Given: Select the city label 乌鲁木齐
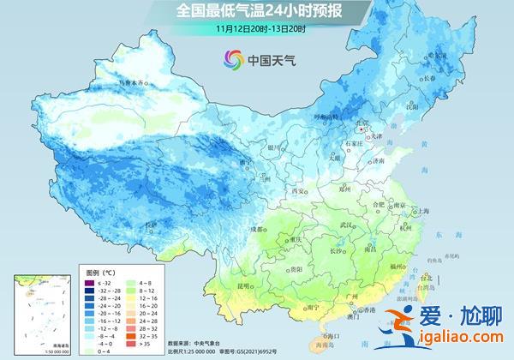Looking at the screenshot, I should pos(132,82).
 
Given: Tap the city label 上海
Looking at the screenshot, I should pos(422,210).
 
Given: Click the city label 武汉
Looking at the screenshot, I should pos(347,225).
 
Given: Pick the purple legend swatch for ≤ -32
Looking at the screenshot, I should pos(88,283).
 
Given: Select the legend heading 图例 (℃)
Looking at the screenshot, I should pos(101,272).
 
